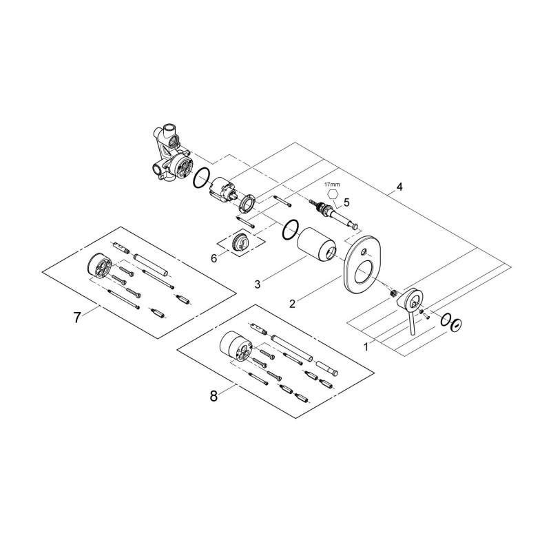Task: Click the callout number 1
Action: click(366, 347)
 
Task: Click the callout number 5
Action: click(346, 202)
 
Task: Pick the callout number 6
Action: click(214, 258)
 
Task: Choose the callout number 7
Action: click(77, 317)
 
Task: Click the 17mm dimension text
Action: click(332, 185)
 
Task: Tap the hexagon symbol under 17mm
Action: click(333, 195)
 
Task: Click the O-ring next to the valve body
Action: click(201, 179)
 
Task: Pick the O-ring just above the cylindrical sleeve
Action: click(291, 229)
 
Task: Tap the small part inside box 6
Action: click(242, 243)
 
